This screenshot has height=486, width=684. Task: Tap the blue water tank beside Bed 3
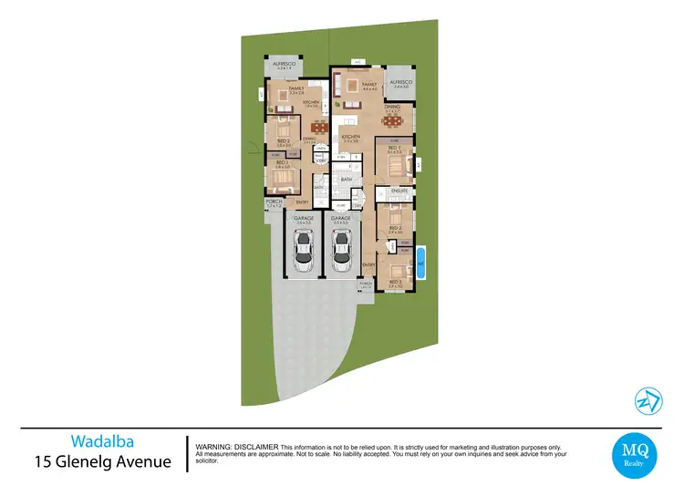click(420, 260)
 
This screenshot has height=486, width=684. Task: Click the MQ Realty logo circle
click(633, 454)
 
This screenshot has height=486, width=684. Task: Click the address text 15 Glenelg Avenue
click(102, 461)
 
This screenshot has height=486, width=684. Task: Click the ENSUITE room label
click(399, 191)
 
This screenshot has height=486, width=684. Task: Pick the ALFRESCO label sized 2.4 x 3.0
click(401, 82)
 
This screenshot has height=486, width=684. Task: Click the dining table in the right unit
click(392, 119)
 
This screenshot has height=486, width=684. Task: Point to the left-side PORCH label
click(273, 202)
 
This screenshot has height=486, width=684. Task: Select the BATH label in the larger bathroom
click(346, 180)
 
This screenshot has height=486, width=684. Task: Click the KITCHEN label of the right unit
click(351, 136)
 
